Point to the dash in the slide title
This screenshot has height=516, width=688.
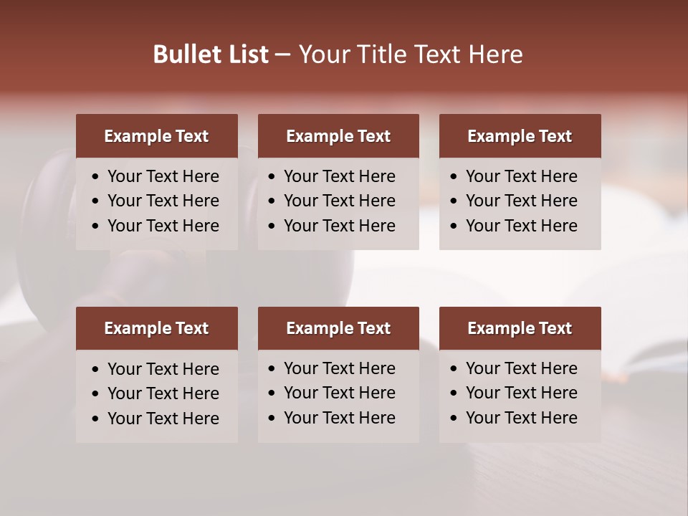283,55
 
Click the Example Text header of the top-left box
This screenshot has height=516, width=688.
156,136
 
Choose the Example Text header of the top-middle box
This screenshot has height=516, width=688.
338,136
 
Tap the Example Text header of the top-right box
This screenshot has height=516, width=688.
520,136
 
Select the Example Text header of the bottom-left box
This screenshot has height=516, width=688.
156,328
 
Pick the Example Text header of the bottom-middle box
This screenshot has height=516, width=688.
338,328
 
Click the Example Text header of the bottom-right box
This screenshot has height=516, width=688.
520,328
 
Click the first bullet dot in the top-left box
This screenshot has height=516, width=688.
96,177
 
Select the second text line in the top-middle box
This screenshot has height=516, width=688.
339,201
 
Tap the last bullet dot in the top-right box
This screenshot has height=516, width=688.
454,226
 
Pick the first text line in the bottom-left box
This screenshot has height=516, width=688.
163,369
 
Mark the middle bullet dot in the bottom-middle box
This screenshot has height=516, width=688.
272,393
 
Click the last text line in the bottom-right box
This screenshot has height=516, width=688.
521,418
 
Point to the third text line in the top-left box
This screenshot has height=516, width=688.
163,226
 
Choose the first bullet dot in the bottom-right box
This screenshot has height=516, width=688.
454,369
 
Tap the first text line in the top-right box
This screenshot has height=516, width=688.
521,176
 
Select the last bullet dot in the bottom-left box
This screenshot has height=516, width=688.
96,419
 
